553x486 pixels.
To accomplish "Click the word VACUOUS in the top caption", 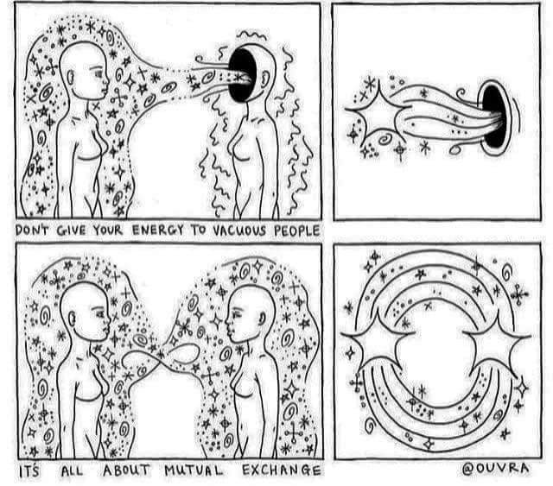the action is tap(239, 230).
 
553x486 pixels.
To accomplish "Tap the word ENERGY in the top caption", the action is tap(157, 230).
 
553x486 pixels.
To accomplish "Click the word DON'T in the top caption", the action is tap(33, 230).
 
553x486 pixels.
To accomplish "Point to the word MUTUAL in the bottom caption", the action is tap(194, 470).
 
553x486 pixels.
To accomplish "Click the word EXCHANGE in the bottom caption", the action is tap(282, 470).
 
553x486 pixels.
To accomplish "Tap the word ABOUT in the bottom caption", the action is tap(126, 470).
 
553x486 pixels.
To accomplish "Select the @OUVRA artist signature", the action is tap(495, 469).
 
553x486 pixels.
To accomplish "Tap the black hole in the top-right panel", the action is tap(493, 117).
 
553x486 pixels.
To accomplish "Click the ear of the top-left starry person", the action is tap(71, 77).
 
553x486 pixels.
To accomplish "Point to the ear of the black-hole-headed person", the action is tap(265, 79).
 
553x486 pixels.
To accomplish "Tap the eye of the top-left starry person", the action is tap(99, 74).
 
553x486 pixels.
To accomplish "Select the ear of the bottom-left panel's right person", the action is tap(262, 319).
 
